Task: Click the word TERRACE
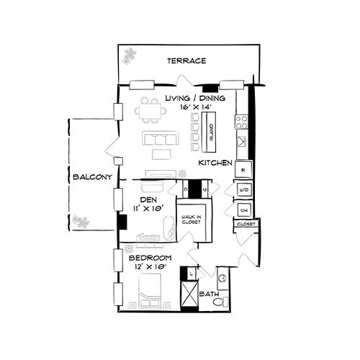tap(186, 61)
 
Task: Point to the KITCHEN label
tap(215, 163)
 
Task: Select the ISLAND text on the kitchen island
tap(212, 129)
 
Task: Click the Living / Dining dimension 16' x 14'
tap(194, 107)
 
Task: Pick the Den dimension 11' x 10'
tap(148, 208)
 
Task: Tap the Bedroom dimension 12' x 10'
tap(150, 267)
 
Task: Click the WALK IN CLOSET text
tap(190, 219)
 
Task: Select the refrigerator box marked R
tap(243, 170)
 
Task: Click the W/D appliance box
tap(243, 190)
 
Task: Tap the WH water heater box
tap(243, 210)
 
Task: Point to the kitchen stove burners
tap(243, 121)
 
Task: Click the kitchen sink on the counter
tap(243, 142)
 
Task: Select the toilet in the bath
tap(224, 299)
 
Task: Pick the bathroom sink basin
tap(222, 275)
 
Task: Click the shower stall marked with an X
tap(190, 294)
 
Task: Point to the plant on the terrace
tap(130, 55)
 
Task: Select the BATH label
tap(208, 294)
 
